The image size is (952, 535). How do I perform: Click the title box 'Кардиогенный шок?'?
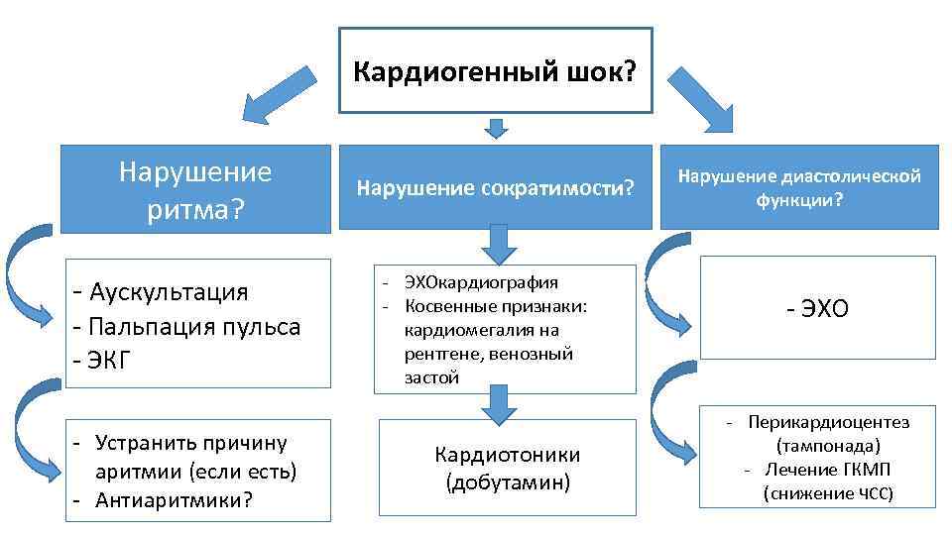(496, 70)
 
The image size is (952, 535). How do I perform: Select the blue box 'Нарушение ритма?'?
(194, 188)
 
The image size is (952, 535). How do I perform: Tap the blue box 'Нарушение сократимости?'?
(495, 187)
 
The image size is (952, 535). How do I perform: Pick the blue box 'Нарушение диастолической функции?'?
(799, 187)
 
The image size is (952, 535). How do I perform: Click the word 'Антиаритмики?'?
(175, 499)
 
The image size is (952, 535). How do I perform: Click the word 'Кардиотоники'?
(507, 455)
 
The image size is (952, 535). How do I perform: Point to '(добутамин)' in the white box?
(507, 483)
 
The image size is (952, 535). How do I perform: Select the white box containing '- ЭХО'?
(817, 308)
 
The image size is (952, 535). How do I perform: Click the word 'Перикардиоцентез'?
(828, 422)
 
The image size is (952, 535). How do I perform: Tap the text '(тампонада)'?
(828, 446)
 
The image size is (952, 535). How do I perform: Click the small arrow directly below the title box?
(497, 128)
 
